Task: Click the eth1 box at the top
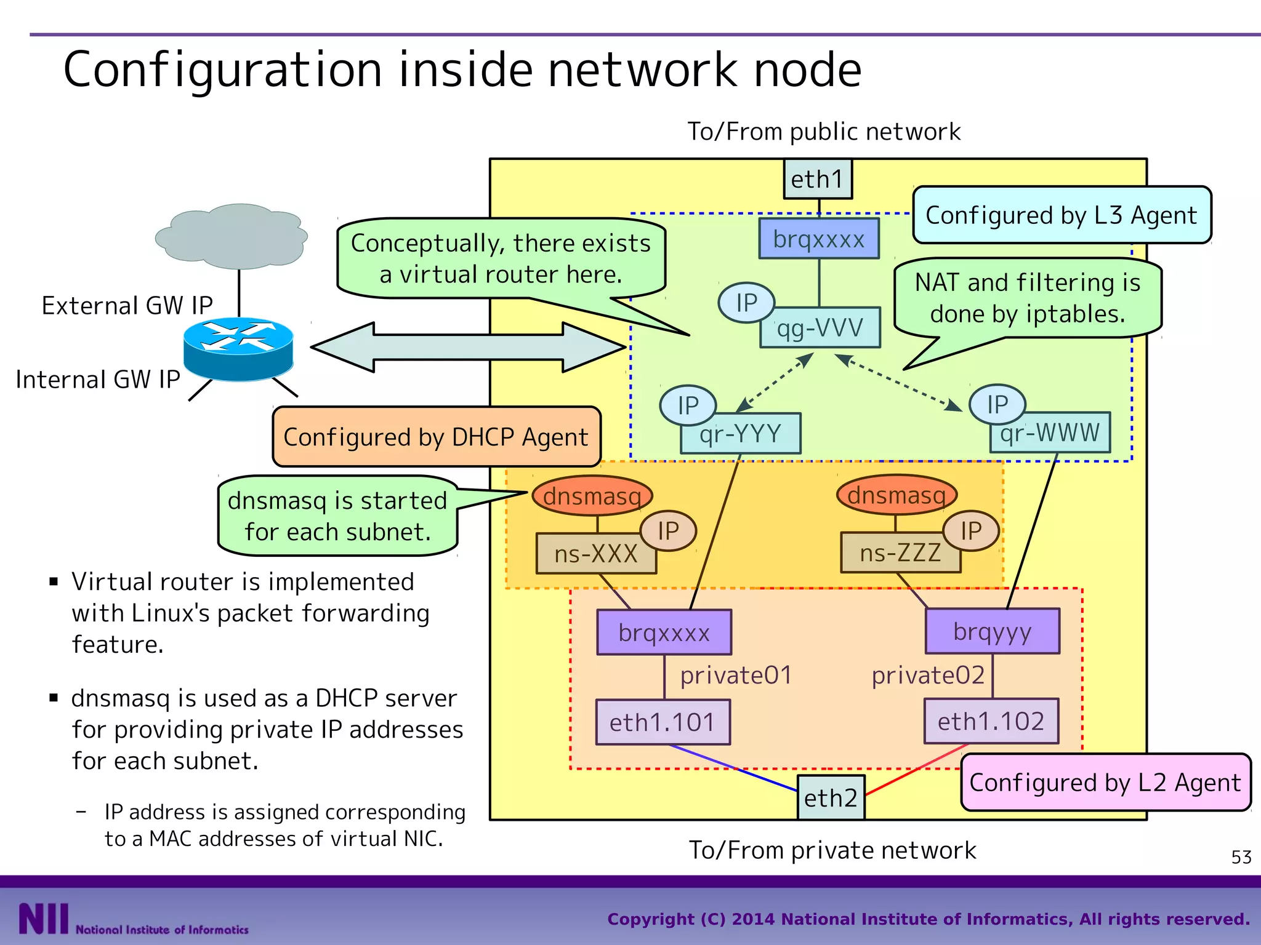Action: [x=818, y=179]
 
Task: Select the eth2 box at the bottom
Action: [x=831, y=798]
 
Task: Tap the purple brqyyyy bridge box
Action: [x=993, y=632]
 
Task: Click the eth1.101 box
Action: [x=663, y=722]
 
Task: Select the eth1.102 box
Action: [x=991, y=722]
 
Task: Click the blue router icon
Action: [x=238, y=349]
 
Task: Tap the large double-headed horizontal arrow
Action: [x=468, y=348]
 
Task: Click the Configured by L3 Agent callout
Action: [x=1062, y=215]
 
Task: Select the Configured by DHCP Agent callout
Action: [x=436, y=437]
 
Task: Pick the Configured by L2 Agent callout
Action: [x=1105, y=783]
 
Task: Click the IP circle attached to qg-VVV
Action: [x=746, y=303]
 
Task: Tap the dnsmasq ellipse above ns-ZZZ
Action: [x=896, y=495]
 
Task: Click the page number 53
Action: [x=1241, y=857]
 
